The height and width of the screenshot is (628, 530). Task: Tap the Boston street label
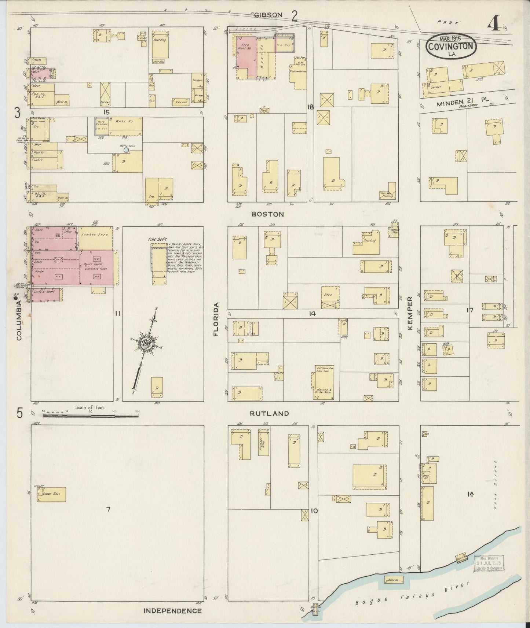pos(267,214)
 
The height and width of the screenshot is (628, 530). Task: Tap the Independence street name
pos(173,611)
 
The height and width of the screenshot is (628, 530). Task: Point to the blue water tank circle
pos(126,150)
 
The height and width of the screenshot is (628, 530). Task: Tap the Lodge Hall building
pos(51,494)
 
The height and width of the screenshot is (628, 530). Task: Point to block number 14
pos(312,314)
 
